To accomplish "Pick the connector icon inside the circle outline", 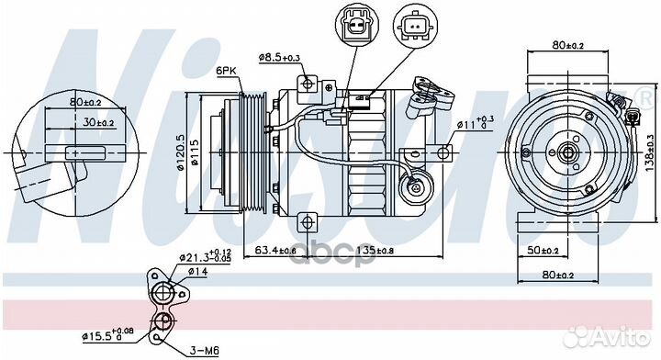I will [x=415, y=27].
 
